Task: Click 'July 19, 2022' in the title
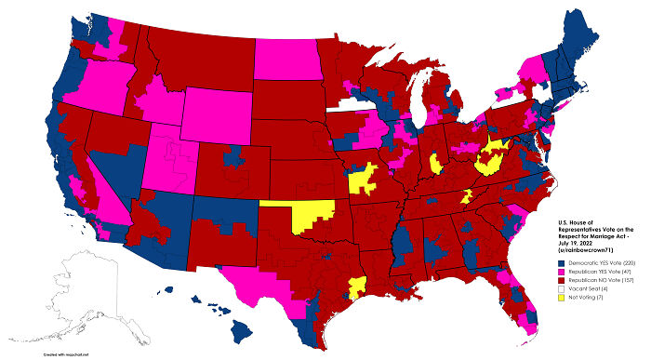click(x=577, y=244)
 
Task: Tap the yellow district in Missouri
click(x=364, y=177)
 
